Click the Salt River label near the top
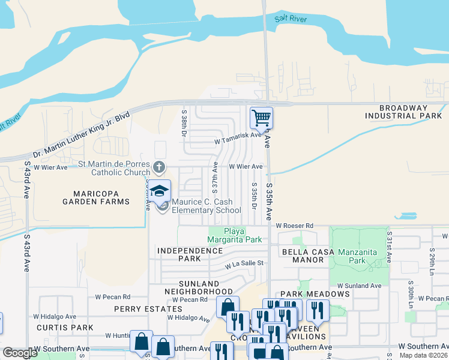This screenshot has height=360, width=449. coord(291,19)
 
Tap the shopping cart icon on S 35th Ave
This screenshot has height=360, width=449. coord(261,118)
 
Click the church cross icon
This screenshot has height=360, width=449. coord(158,166)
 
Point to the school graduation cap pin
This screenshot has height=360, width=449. coord(159,191)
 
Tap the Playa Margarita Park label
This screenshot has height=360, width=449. coord(235,235)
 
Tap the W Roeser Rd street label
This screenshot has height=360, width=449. coord(295,225)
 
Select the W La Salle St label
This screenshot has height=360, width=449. coord(244,263)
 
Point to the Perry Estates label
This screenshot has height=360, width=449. coord(139,308)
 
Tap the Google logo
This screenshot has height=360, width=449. coord(20,353)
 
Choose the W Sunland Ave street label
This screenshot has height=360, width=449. coord(359,286)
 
